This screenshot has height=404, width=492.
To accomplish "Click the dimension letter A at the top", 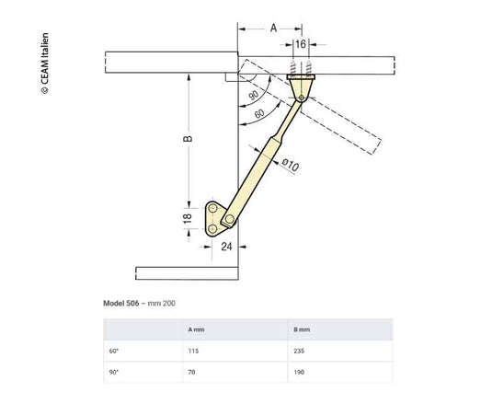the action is click(x=274, y=29).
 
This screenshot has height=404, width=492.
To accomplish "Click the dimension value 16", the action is click(x=301, y=44).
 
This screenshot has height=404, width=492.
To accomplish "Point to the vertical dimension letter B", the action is click(x=188, y=138).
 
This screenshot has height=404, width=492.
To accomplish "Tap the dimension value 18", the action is click(x=188, y=218).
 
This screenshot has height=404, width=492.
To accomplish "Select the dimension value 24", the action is click(x=226, y=247).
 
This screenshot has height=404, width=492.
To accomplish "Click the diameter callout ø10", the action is click(x=290, y=165).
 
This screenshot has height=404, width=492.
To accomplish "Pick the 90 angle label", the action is click(x=253, y=95).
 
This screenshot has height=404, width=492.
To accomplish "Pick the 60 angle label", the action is click(x=259, y=113).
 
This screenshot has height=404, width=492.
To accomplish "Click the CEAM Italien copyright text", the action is click(x=45, y=63).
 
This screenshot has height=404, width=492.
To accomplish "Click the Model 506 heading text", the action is click(x=121, y=304).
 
